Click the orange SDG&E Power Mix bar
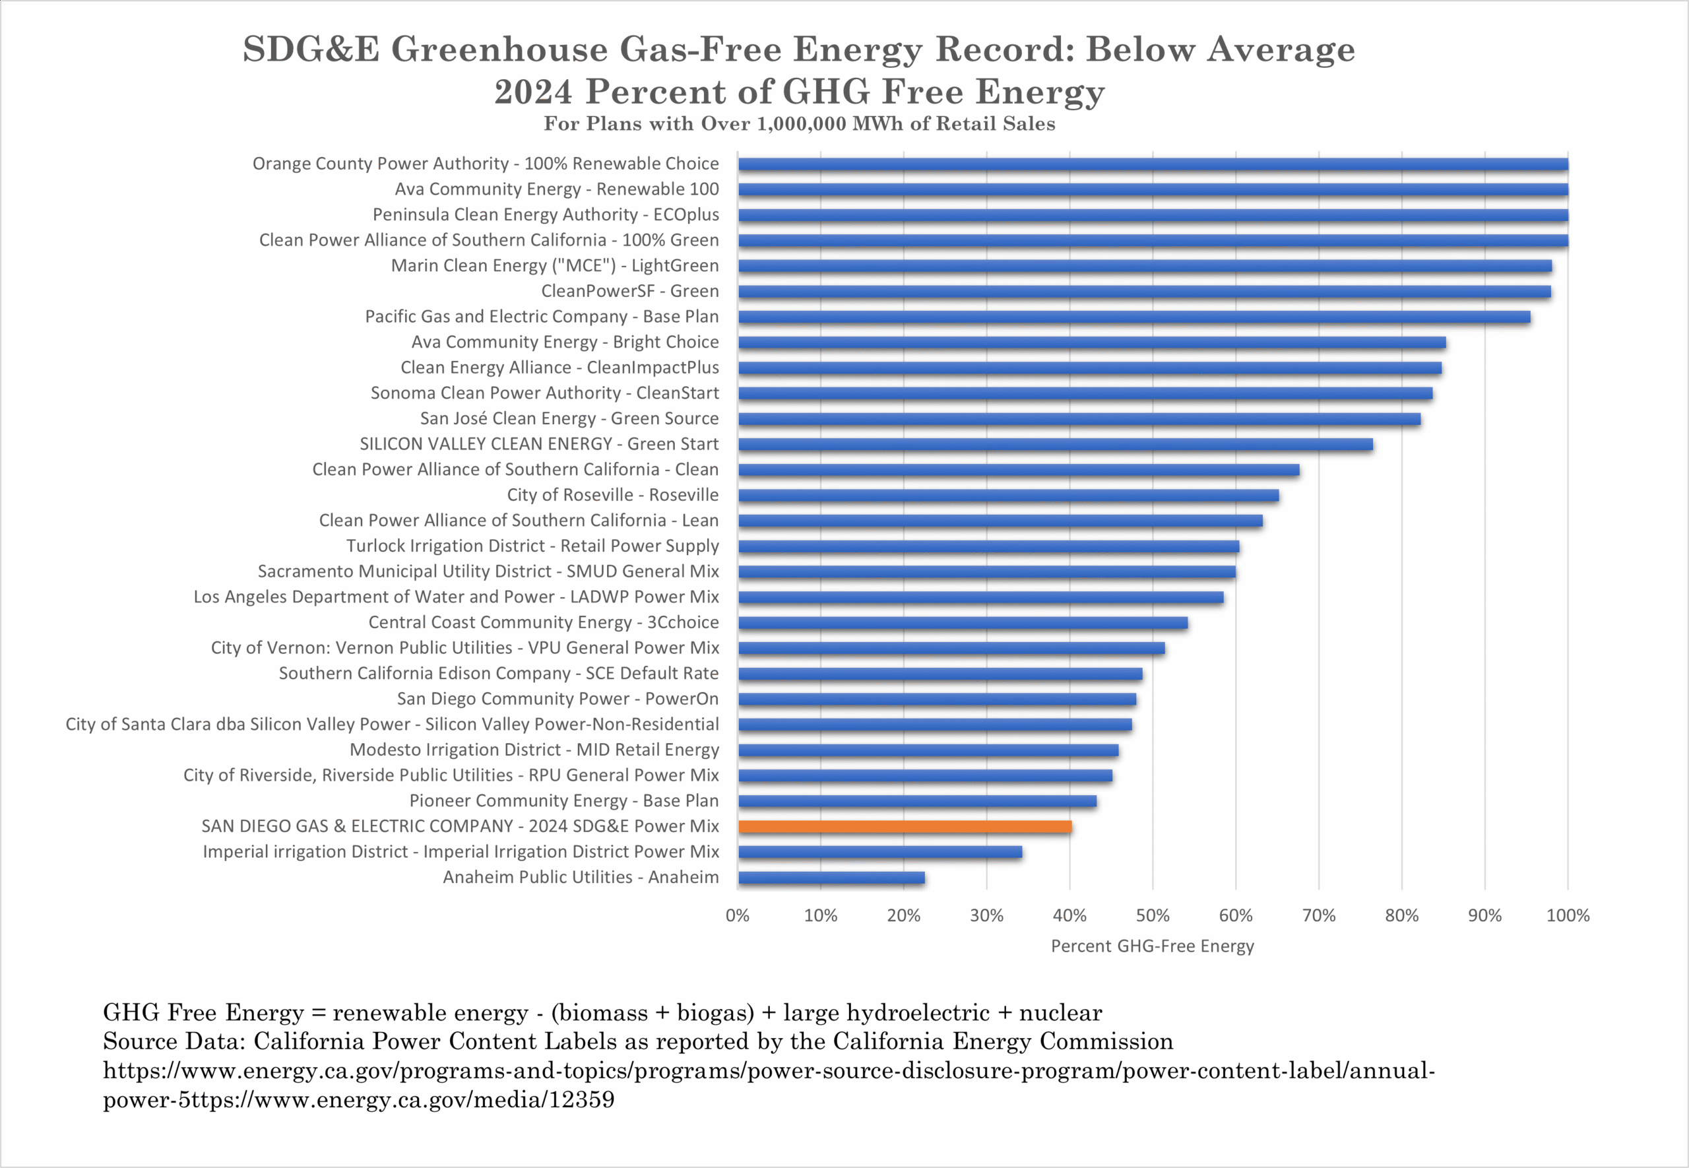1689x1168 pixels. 905,826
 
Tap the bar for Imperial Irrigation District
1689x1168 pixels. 880,852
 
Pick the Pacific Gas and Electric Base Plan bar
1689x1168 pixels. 1133,317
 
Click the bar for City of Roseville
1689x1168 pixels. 1009,496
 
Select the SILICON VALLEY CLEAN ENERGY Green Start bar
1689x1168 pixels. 1056,444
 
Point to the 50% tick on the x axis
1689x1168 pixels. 1153,915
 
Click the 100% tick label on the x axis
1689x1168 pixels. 1568,915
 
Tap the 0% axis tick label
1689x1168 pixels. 738,915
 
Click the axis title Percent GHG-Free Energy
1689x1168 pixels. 1152,946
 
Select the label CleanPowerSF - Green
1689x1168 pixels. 630,291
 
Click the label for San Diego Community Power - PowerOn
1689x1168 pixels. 558,699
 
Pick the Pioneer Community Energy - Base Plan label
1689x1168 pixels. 564,800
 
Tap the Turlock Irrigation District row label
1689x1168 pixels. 532,546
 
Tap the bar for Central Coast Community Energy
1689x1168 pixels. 963,623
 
